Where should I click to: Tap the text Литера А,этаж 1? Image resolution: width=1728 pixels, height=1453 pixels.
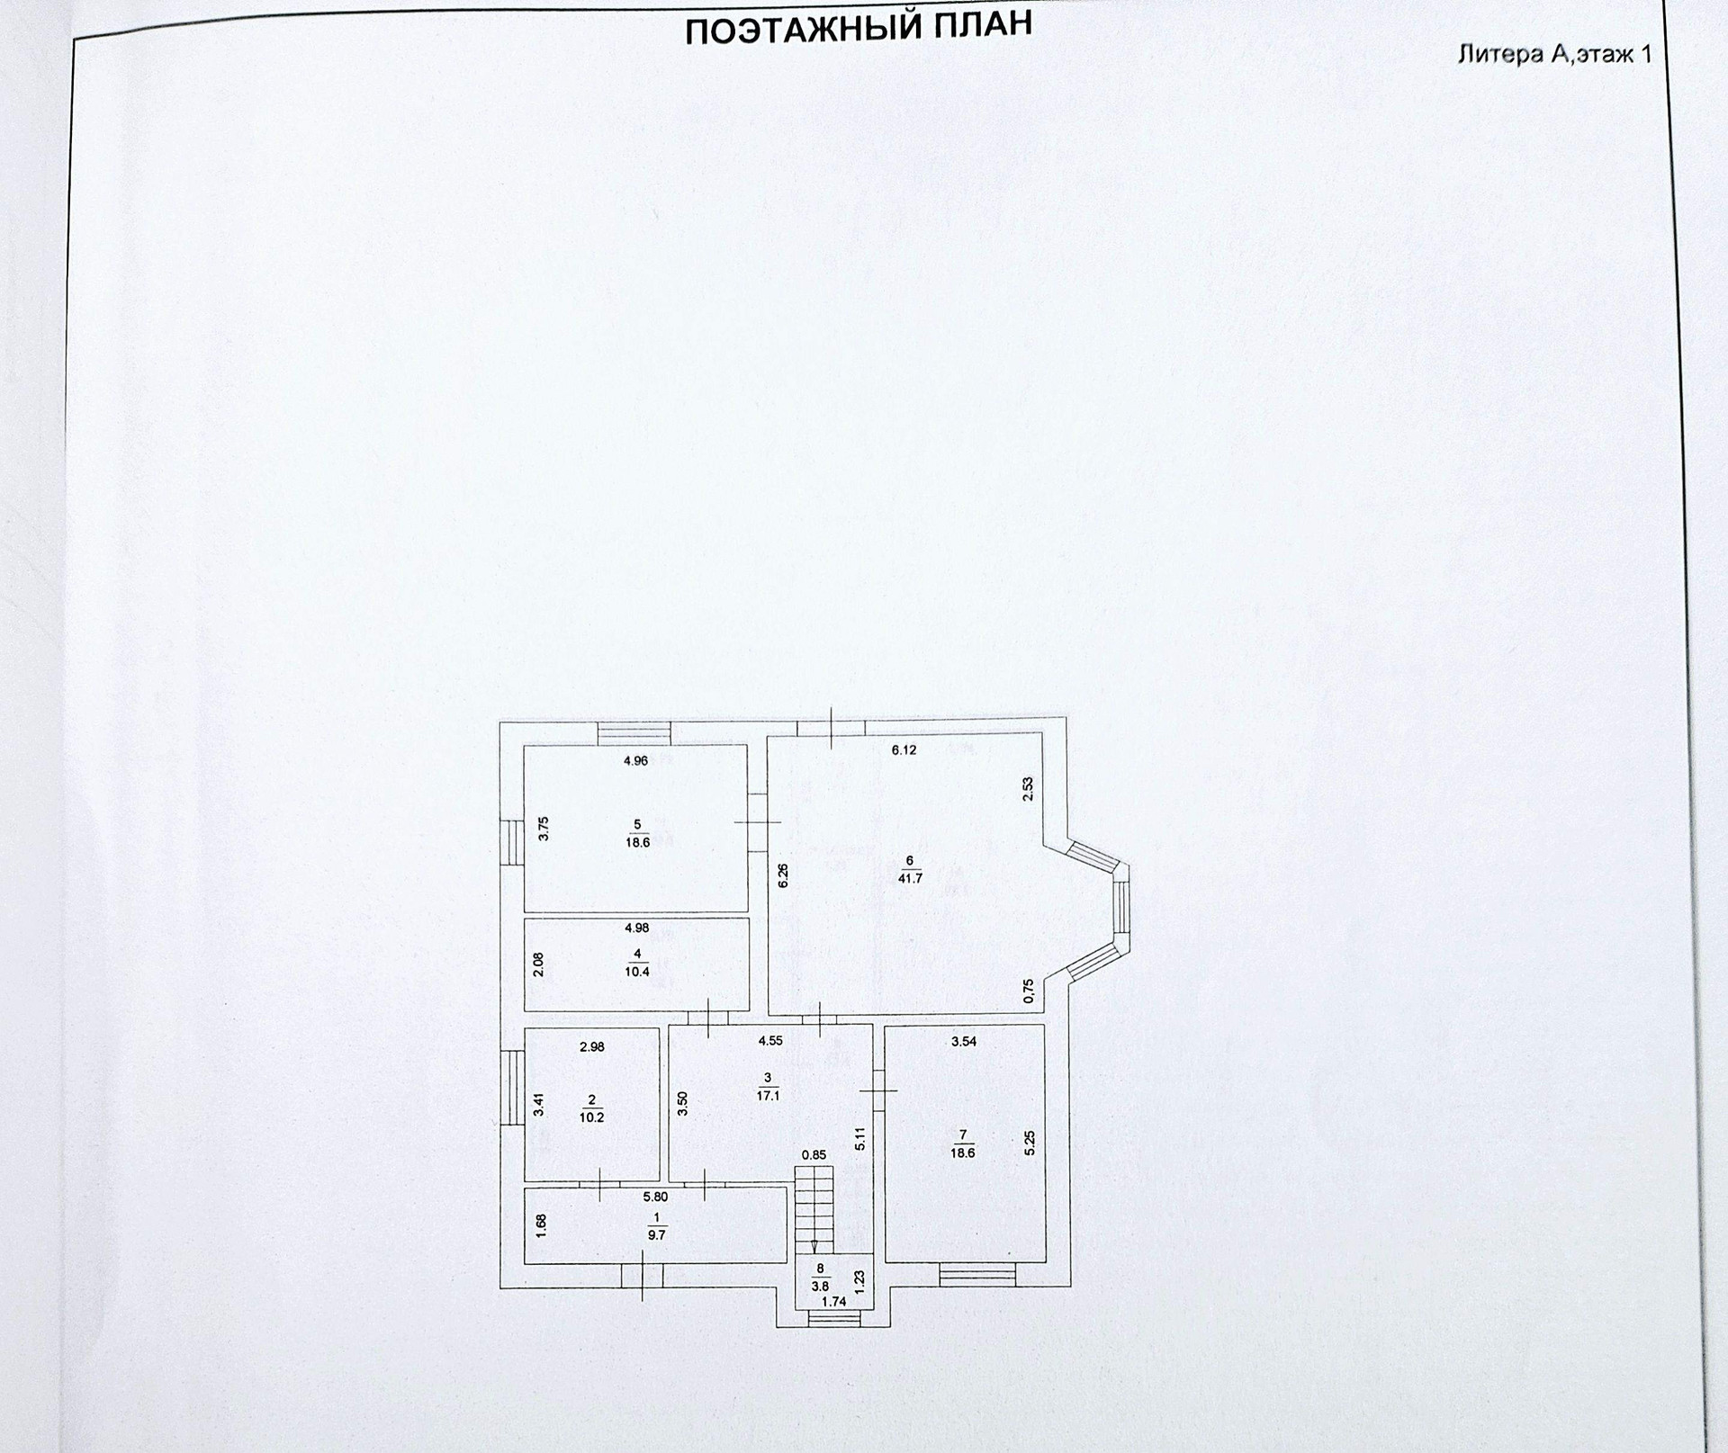(x=1554, y=54)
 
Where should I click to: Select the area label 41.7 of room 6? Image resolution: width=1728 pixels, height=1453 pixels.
(x=910, y=878)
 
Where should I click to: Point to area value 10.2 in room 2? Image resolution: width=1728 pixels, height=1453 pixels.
(x=591, y=1118)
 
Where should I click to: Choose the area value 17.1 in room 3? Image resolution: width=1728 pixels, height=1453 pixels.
(x=768, y=1095)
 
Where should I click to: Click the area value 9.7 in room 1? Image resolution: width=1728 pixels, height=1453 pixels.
(x=656, y=1235)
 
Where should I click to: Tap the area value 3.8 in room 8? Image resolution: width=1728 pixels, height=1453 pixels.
(x=820, y=1287)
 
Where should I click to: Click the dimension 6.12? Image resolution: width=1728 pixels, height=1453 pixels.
(x=904, y=749)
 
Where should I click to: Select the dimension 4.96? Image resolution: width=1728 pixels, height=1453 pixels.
(x=635, y=760)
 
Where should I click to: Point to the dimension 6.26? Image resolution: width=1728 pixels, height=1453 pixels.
(x=782, y=875)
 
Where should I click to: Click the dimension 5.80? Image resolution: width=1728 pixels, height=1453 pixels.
(x=655, y=1197)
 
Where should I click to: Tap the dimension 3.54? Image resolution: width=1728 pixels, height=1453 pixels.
(x=964, y=1042)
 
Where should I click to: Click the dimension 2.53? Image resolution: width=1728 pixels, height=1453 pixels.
(x=1028, y=788)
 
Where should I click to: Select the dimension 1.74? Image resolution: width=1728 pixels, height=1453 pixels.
(x=833, y=1301)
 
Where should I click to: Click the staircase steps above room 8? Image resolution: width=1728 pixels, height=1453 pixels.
(x=814, y=1206)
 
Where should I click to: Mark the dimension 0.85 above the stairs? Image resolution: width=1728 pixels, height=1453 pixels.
(x=814, y=1154)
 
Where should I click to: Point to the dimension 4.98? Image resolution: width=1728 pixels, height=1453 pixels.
(x=636, y=928)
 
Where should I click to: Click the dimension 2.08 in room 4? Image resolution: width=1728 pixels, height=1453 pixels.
(x=538, y=964)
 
